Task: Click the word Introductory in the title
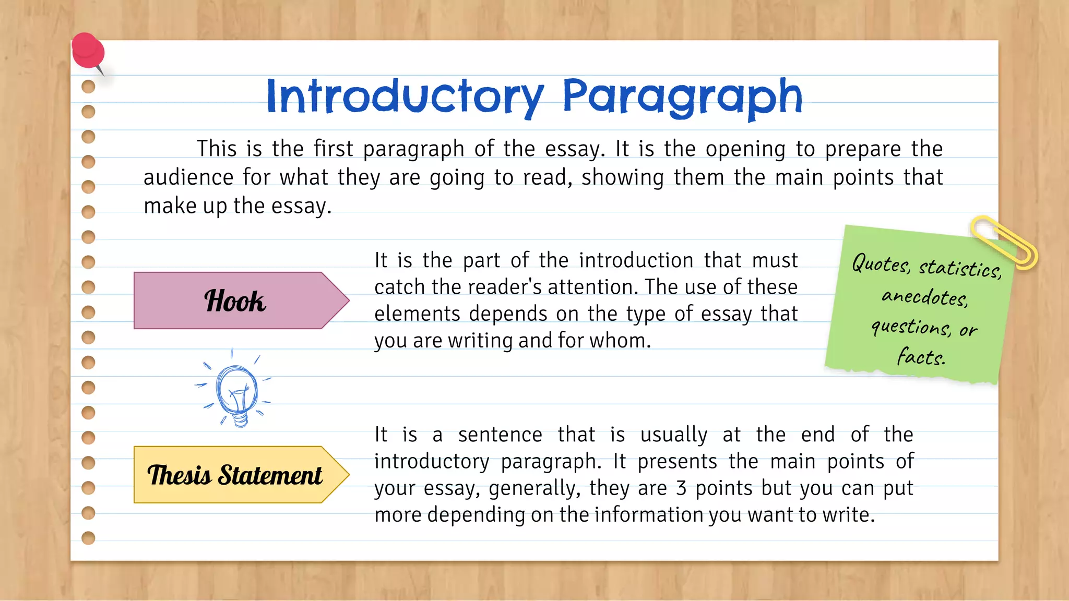(405, 97)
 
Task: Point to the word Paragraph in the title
(682, 97)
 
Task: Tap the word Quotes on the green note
(881, 264)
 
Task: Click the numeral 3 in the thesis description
(681, 488)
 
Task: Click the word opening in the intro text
(745, 149)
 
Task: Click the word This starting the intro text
(217, 149)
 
